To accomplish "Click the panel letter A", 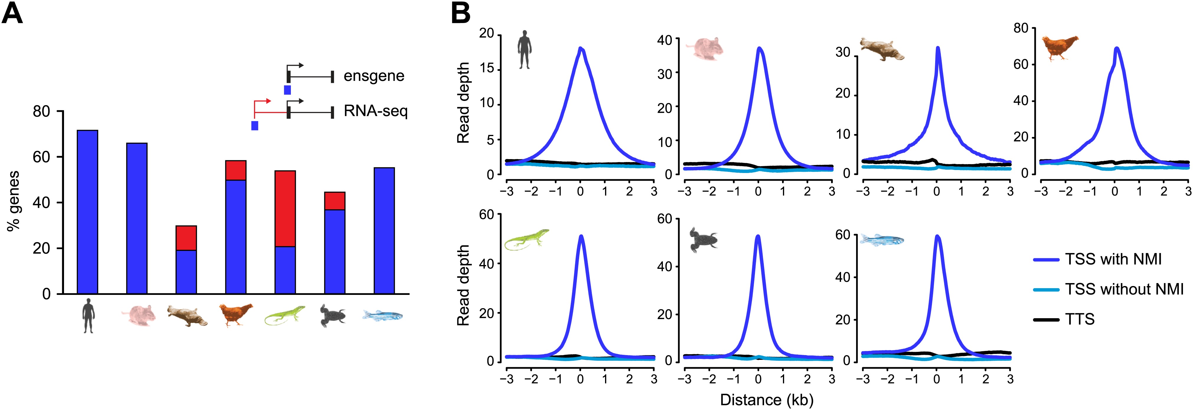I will click(12, 14).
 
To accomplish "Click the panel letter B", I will click(461, 14).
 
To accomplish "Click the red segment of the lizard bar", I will click(285, 208).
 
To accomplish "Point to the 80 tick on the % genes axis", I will click(41, 112).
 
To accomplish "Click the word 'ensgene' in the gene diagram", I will click(374, 76).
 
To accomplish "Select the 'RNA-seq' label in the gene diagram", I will click(376, 111).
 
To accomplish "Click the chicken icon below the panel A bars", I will click(236, 315).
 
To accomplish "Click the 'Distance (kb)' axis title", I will click(766, 400).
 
